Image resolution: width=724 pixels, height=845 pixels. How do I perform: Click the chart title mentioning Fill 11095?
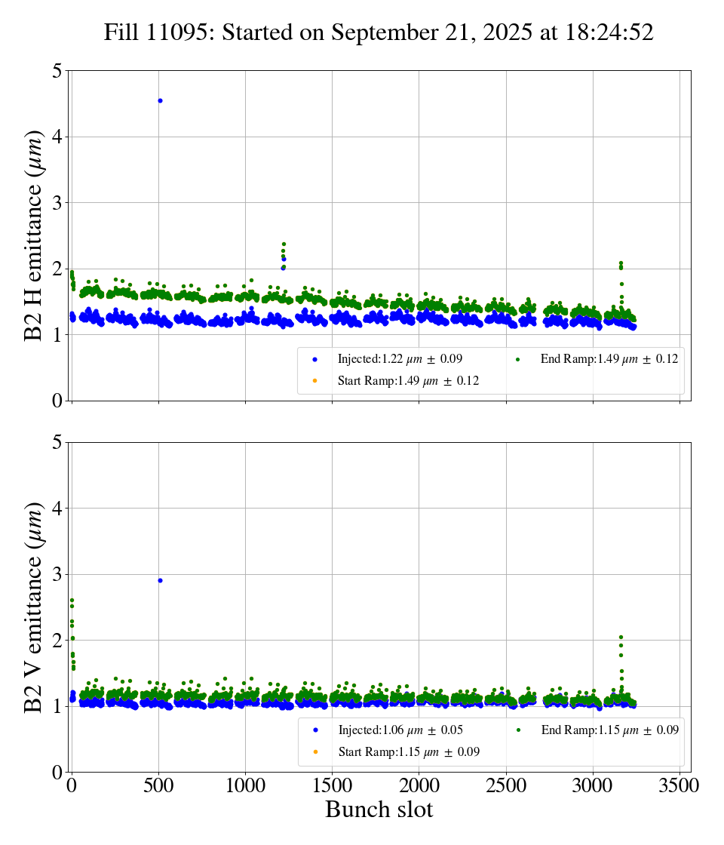click(x=379, y=32)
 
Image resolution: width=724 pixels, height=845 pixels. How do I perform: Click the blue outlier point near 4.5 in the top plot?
click(x=160, y=100)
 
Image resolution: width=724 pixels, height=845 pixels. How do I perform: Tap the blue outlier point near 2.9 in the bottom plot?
click(x=160, y=580)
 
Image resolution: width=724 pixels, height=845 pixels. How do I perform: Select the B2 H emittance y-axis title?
click(x=34, y=235)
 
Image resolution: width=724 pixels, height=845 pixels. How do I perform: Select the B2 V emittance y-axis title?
click(x=34, y=607)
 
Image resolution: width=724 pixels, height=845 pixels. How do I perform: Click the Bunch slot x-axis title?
click(x=379, y=810)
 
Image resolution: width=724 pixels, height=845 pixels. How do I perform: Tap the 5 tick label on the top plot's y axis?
click(x=57, y=71)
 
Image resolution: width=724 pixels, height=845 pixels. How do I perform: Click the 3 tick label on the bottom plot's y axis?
click(x=57, y=574)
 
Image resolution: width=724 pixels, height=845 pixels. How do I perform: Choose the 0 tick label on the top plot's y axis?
click(x=57, y=401)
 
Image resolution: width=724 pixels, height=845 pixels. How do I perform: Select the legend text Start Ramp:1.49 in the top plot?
click(x=408, y=381)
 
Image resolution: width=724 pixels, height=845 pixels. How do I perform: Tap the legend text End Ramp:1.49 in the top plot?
click(x=609, y=359)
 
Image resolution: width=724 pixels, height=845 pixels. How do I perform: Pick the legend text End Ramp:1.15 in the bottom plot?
click(x=609, y=730)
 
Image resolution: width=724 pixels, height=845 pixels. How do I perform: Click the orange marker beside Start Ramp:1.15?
click(x=315, y=751)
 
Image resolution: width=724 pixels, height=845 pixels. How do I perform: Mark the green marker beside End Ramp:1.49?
click(x=517, y=359)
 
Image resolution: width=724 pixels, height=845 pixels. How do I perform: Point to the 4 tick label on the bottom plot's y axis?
click(x=57, y=509)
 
